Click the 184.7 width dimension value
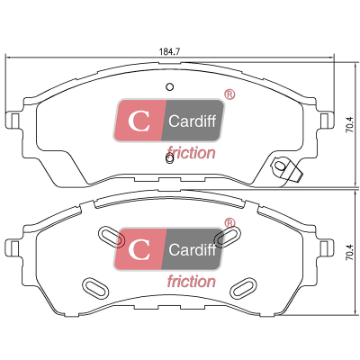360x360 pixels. pos(169,51)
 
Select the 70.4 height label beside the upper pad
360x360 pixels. pos(352,124)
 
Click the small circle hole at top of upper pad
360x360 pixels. pos(170,86)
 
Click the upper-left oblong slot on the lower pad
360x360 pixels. pos(112,237)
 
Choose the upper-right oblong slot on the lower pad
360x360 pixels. pos(228,237)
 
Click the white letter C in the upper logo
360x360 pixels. pos(139,121)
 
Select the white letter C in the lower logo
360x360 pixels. pos(139,249)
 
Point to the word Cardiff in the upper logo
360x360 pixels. pos(192,121)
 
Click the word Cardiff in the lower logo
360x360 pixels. pos(192,249)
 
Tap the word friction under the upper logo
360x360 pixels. pos(191,152)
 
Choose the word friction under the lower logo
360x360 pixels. pos(191,282)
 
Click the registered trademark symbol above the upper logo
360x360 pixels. pos(229,94)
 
